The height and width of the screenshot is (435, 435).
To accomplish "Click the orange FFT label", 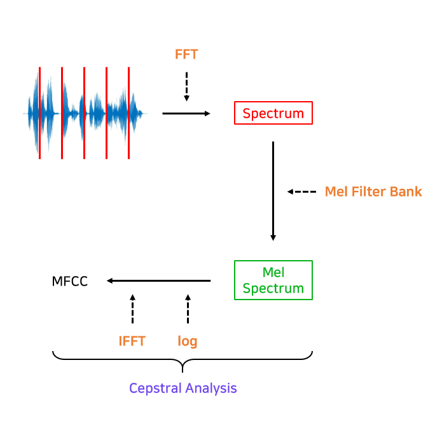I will click(186, 55).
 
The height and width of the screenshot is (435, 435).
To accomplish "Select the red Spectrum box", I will click(273, 113).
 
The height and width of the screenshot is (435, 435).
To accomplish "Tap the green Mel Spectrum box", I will click(273, 280).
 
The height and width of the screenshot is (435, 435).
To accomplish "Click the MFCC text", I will click(70, 281).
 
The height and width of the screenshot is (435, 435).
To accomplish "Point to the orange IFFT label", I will click(132, 342).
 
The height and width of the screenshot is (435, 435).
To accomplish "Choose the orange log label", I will click(188, 342).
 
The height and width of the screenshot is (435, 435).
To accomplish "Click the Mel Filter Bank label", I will click(373, 191).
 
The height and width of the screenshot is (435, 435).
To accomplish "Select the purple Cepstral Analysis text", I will click(183, 388).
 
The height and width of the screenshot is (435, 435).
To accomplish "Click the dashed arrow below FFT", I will click(186, 86).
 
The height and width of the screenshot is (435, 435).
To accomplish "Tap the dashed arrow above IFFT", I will click(132, 309).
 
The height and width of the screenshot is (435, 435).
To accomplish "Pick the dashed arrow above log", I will click(188, 309).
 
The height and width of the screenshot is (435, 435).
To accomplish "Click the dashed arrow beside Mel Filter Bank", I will click(301, 191).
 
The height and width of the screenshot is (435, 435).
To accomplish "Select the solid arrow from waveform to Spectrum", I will click(186, 113).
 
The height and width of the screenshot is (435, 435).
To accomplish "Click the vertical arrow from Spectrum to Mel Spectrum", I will click(273, 191).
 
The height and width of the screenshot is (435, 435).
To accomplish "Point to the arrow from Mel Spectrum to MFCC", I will click(158, 280).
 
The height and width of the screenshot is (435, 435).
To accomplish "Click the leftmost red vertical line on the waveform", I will click(39, 113).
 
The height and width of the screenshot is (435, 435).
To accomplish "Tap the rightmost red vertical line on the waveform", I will click(128, 113).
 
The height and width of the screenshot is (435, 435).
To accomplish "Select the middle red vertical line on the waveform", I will click(84, 113).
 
